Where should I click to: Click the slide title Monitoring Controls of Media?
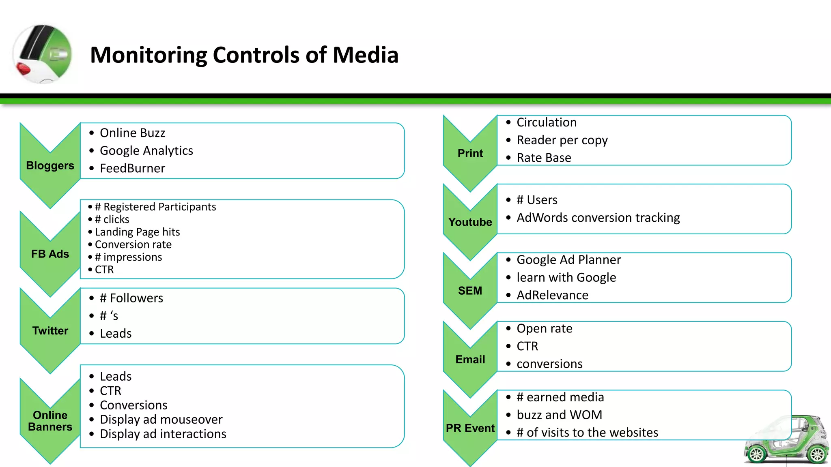(244, 55)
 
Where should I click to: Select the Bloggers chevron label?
(50, 165)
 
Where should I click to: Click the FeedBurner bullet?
(132, 168)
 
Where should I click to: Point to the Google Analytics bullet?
(146, 150)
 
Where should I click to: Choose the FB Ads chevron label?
(50, 254)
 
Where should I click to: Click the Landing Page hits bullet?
(137, 232)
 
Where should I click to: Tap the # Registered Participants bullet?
(155, 207)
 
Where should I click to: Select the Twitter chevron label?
(50, 331)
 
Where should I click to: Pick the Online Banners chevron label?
(50, 421)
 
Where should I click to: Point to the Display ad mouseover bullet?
(161, 419)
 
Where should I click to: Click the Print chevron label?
(470, 153)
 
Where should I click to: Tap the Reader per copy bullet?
(562, 140)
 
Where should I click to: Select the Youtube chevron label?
(470, 222)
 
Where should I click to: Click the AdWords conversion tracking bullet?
(598, 218)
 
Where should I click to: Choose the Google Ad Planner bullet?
(568, 259)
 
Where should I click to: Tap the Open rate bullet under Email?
(544, 328)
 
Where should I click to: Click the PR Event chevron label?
(470, 428)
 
